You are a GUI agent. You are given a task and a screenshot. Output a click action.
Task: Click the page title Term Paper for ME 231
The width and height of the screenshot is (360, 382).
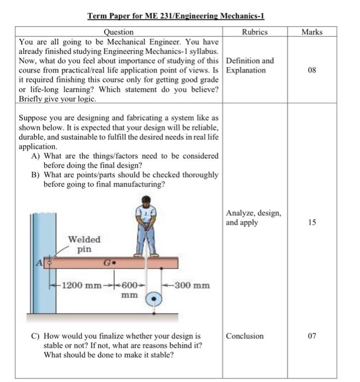[176, 17]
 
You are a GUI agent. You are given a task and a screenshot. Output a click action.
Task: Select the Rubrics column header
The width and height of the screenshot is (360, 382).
[255, 32]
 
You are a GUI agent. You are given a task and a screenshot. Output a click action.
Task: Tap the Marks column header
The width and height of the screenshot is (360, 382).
[312, 32]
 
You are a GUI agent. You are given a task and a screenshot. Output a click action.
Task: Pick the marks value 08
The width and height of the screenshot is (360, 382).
[312, 70]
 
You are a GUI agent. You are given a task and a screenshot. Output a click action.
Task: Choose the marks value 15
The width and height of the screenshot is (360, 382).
[312, 223]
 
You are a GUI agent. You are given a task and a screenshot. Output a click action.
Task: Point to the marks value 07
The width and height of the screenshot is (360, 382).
[312, 336]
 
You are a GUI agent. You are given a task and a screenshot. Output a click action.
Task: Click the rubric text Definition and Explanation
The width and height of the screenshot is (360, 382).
[250, 65]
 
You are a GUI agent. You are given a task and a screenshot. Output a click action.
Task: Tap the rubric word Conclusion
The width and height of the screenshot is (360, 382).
[245, 336]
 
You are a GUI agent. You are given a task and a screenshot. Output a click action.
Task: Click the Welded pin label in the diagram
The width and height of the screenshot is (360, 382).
[84, 244]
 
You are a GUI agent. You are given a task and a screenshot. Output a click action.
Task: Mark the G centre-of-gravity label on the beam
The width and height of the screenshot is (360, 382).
[109, 262]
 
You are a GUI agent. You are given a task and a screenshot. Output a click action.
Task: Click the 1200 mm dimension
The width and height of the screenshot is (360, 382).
[81, 285]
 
